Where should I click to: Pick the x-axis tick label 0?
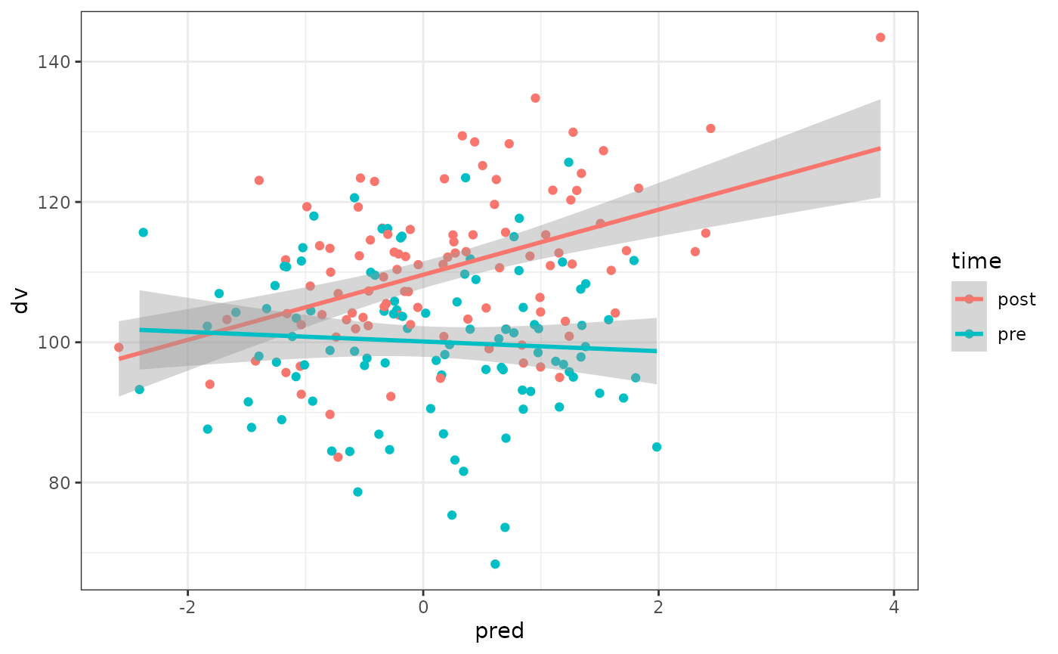[423, 606]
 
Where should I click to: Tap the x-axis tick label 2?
[658, 606]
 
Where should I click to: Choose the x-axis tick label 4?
[894, 606]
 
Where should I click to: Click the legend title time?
[976, 262]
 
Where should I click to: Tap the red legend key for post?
[969, 299]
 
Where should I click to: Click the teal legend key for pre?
[969, 334]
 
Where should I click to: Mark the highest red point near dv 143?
[880, 37]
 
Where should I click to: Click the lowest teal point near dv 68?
[495, 564]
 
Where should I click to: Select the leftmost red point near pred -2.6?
[119, 347]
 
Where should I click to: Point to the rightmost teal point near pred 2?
[657, 447]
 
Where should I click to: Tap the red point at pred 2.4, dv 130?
[710, 129]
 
